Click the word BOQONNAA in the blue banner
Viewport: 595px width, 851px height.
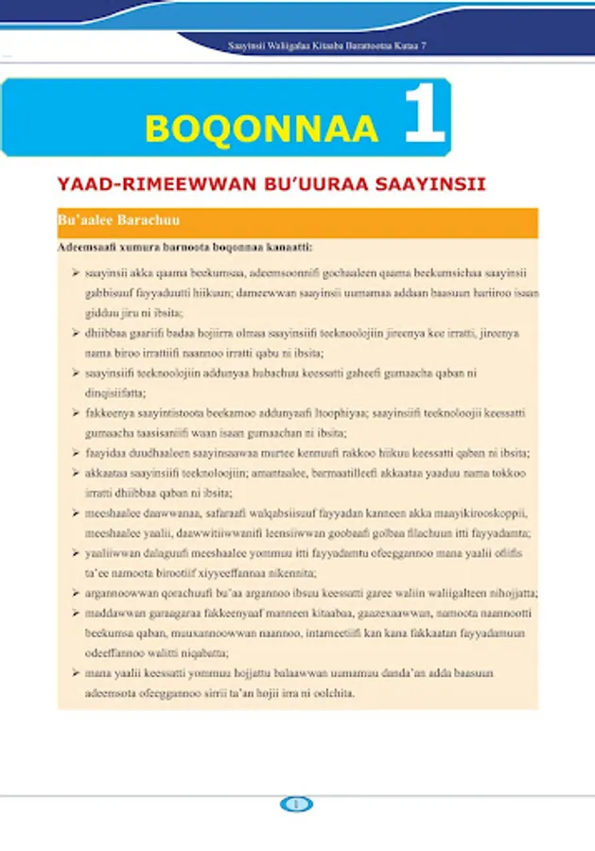pyautogui.click(x=261, y=128)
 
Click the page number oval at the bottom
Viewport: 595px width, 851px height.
pyautogui.click(x=297, y=805)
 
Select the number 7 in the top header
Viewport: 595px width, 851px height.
pyautogui.click(x=422, y=46)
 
